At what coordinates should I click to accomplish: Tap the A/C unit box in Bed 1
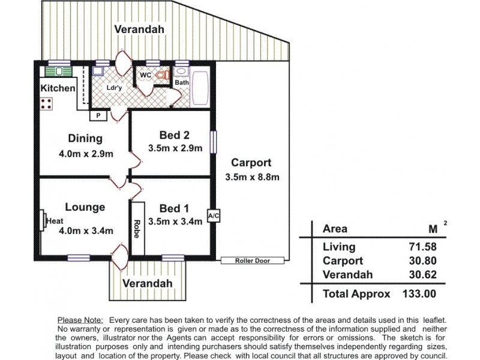pyautogui.click(x=212, y=215)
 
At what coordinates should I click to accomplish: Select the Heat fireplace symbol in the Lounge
pyautogui.click(x=44, y=220)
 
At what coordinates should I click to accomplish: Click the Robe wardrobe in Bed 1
pyautogui.click(x=137, y=229)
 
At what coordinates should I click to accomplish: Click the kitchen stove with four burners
pyautogui.click(x=47, y=103)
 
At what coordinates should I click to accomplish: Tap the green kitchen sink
pyautogui.click(x=59, y=72)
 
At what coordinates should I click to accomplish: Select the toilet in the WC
pyautogui.click(x=161, y=76)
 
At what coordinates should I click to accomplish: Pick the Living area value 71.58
pyautogui.click(x=422, y=247)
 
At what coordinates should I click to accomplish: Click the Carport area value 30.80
pyautogui.click(x=422, y=261)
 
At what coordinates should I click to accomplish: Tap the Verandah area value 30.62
pyautogui.click(x=422, y=275)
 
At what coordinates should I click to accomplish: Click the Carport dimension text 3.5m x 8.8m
pyautogui.click(x=252, y=177)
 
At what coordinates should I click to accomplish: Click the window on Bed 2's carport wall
pyautogui.click(x=212, y=142)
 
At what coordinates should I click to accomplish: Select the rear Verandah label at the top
pyautogui.click(x=139, y=29)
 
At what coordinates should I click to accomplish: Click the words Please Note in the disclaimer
pyautogui.click(x=80, y=321)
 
